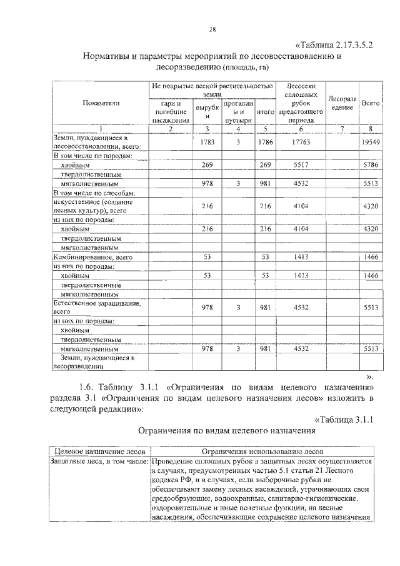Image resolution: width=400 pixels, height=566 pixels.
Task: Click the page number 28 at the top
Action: (212, 29)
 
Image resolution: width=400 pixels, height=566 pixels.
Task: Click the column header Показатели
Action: (101, 103)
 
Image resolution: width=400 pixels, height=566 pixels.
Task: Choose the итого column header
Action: (265, 112)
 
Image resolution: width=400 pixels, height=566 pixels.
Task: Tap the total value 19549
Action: (371, 142)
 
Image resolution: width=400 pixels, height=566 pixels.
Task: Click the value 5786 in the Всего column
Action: (371, 164)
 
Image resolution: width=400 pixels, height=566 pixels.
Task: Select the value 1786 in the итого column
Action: (265, 142)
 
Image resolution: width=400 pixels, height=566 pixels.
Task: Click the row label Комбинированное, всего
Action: (92, 256)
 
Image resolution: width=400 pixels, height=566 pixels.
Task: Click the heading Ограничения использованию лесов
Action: (262, 450)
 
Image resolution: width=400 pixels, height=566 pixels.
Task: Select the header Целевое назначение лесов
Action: (100, 450)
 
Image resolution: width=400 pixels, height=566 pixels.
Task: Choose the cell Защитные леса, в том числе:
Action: (100, 461)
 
